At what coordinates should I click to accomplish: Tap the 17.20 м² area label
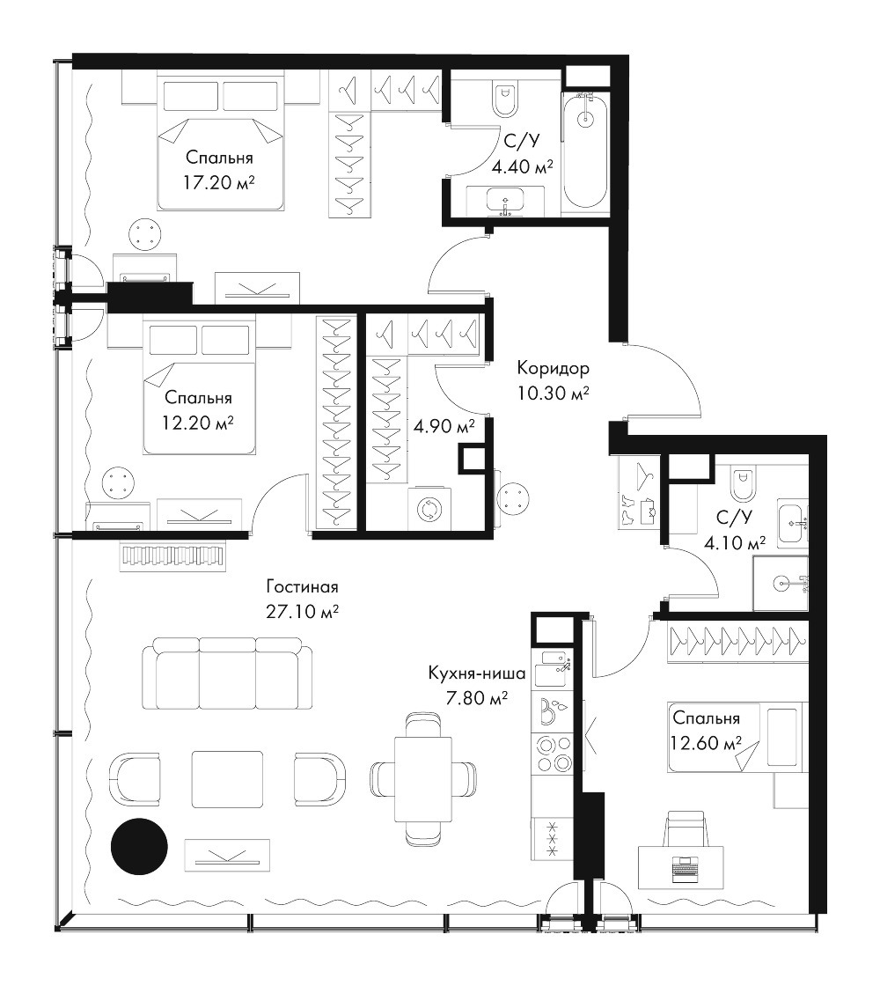click(219, 183)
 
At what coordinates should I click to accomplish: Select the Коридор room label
click(554, 366)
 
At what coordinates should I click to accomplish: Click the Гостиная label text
click(302, 586)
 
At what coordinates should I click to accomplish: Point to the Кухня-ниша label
click(476, 674)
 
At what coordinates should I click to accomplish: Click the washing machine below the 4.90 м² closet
click(428, 510)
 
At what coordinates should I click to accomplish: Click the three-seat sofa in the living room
click(226, 673)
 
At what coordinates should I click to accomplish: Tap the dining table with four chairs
click(423, 779)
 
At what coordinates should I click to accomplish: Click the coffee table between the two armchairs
click(227, 779)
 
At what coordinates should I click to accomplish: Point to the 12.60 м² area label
click(706, 743)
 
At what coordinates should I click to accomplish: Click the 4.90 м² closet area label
click(444, 426)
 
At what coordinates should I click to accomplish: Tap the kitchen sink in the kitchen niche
click(553, 668)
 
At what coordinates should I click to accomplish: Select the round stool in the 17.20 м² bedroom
click(146, 235)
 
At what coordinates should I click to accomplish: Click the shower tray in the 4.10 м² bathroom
click(781, 583)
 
